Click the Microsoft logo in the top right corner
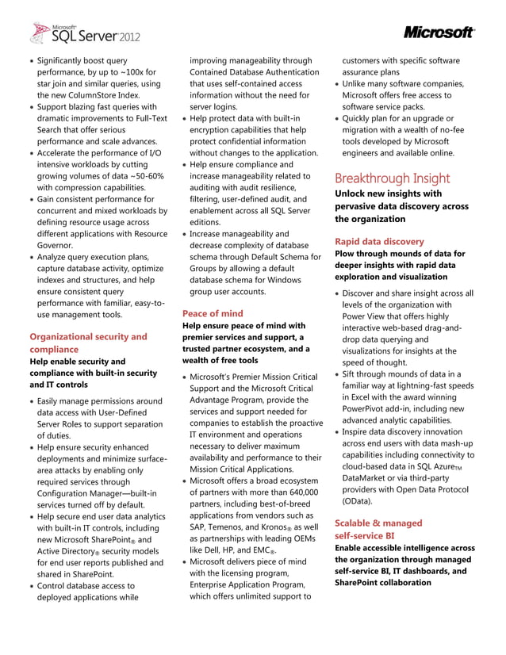pos(439,33)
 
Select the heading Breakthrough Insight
pos(392,178)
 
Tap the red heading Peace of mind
pos(213,312)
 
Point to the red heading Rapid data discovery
pos(379,241)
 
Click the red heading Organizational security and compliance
pos(88,343)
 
